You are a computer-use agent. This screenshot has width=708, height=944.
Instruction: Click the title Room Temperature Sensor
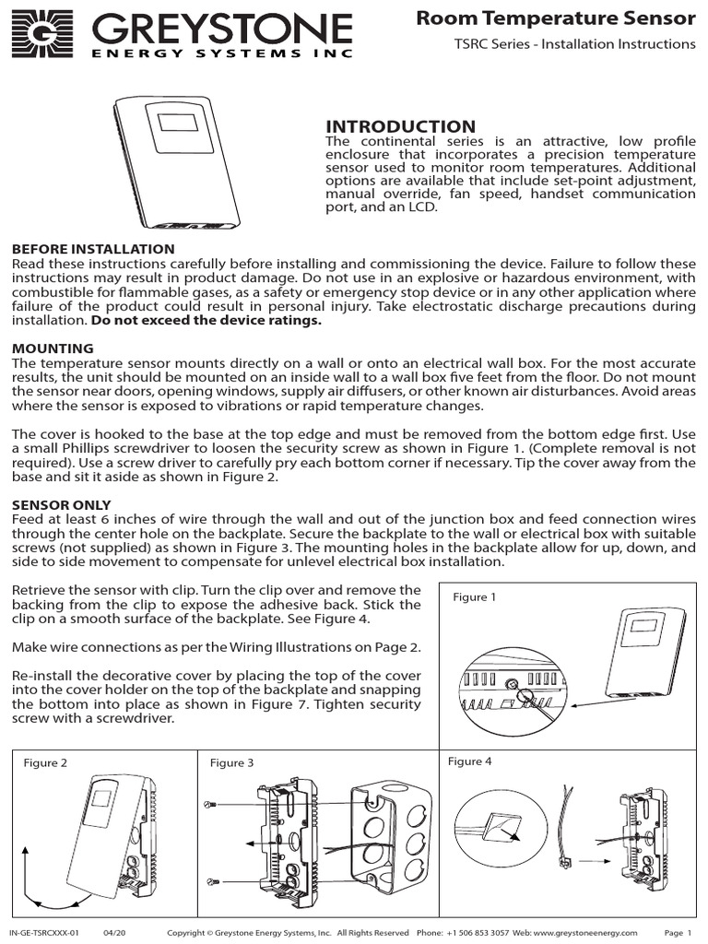(556, 17)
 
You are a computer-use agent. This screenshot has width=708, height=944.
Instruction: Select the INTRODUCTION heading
(401, 126)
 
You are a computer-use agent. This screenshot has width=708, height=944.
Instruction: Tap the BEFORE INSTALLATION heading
(92, 249)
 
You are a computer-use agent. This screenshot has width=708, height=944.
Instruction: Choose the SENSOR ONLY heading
(61, 505)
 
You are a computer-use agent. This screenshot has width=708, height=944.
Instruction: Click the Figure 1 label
(475, 597)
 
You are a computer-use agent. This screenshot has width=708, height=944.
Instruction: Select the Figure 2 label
(45, 763)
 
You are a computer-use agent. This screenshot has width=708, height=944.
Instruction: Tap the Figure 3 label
(232, 763)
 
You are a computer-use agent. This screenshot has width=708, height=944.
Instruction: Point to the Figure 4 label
(470, 761)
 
